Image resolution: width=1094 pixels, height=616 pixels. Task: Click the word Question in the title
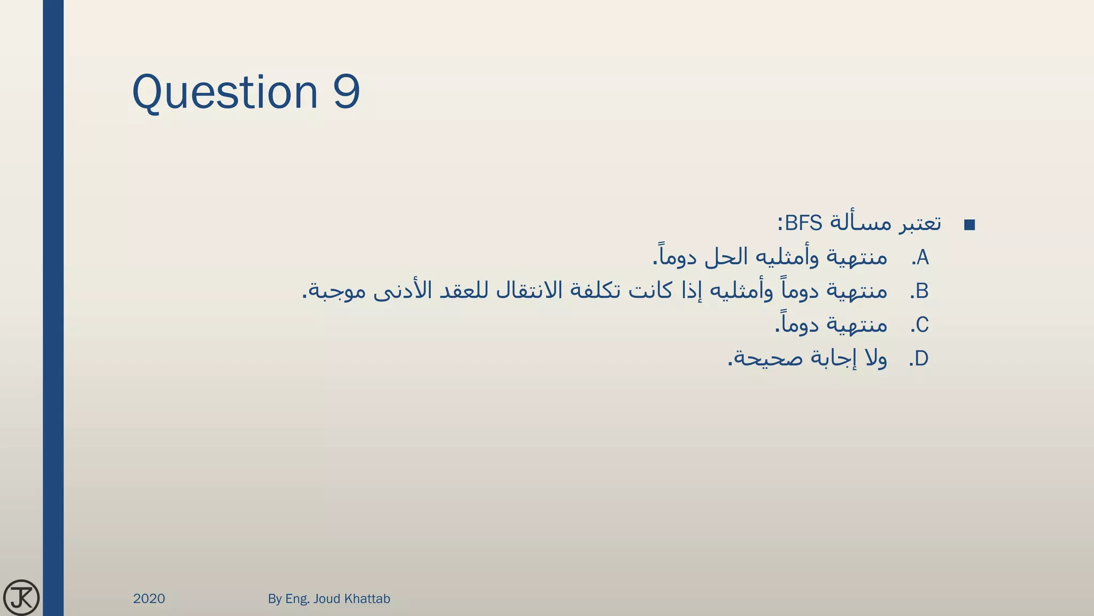pyautogui.click(x=225, y=93)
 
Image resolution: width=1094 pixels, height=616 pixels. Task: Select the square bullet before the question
pyautogui.click(x=970, y=225)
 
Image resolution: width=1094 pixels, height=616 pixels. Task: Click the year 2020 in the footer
pyautogui.click(x=149, y=598)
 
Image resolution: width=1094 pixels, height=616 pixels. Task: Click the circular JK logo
pyautogui.click(x=21, y=597)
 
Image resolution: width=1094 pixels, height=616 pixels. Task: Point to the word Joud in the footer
pyautogui.click(x=326, y=598)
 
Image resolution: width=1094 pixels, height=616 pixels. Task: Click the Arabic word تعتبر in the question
pyautogui.click(x=919, y=223)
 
